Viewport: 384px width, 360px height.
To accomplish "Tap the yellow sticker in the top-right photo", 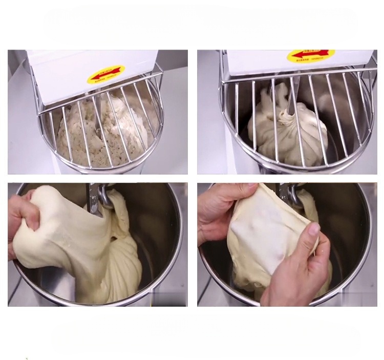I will point(311,55).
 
